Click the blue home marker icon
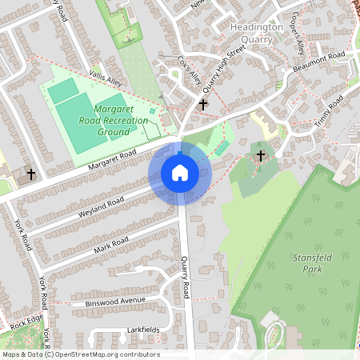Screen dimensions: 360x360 click(179, 173)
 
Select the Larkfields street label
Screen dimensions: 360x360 click(143, 330)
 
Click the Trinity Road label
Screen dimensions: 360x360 click(329, 109)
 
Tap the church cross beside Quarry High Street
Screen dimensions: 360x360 click(203, 104)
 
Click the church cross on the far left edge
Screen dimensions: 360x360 click(31, 174)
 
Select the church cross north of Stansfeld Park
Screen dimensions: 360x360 click(260, 155)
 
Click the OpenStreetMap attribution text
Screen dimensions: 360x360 click(81, 354)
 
